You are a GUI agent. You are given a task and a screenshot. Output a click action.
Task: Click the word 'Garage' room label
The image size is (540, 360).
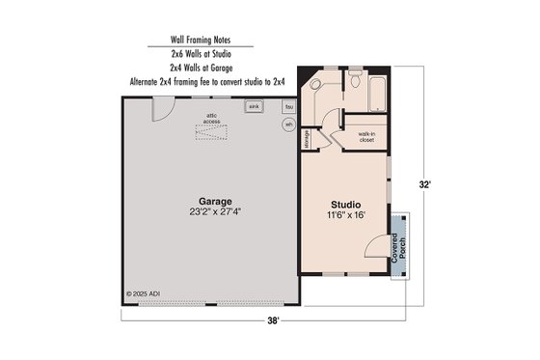pos(215,201)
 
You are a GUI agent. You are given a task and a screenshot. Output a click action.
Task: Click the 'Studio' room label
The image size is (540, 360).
pos(344,206)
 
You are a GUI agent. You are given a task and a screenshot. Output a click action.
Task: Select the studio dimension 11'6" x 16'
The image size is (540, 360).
pos(344,216)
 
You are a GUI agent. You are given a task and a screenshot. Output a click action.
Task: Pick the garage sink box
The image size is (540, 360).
pos(255,107)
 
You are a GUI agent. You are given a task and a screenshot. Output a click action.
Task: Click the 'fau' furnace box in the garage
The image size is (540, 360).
pos(288,107)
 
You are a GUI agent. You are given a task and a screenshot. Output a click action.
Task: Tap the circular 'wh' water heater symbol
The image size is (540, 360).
pos(288,125)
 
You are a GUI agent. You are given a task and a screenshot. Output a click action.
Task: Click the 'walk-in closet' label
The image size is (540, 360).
pos(366,136)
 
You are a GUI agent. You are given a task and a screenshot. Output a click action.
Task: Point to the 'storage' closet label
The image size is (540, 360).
pos(306,138)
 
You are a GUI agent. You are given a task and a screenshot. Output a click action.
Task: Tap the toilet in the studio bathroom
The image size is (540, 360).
pos(354,81)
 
